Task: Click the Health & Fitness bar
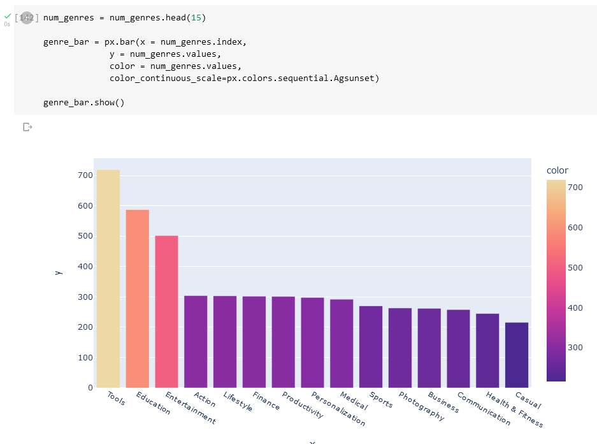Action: click(x=487, y=350)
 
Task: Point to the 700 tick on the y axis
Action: click(x=85, y=175)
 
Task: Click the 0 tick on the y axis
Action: click(x=90, y=387)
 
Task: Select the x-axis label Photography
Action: click(x=421, y=406)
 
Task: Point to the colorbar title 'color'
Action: click(x=557, y=170)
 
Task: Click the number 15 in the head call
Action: click(x=198, y=18)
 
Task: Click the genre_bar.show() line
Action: click(x=83, y=102)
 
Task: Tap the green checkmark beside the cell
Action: click(x=7, y=16)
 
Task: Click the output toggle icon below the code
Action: click(x=27, y=127)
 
